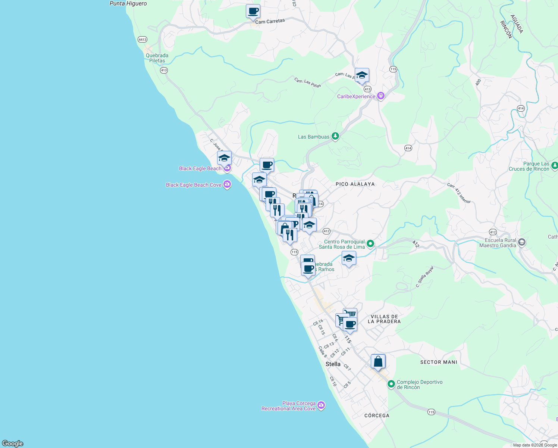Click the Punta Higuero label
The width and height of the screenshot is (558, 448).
(x=128, y=4)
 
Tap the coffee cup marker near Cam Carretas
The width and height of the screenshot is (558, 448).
(x=253, y=11)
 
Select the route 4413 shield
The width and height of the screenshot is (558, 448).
(x=142, y=39)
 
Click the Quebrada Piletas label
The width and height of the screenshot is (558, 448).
(x=157, y=58)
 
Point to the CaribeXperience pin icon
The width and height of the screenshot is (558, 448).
(x=381, y=96)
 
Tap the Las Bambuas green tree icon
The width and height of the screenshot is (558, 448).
(x=335, y=136)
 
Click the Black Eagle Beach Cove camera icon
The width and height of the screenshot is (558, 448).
(x=227, y=184)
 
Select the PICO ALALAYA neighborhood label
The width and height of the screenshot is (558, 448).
(x=355, y=184)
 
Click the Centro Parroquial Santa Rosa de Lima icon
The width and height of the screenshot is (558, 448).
(x=370, y=244)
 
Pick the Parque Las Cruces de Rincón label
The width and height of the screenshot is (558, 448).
(x=529, y=166)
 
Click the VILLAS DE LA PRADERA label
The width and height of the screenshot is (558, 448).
(x=384, y=319)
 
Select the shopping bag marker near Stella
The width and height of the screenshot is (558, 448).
(x=378, y=361)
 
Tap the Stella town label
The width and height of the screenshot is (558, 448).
(x=333, y=364)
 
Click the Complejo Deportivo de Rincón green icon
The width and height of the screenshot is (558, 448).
(x=391, y=384)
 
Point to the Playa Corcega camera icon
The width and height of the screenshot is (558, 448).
(x=321, y=405)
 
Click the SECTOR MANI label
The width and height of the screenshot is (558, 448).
(x=439, y=362)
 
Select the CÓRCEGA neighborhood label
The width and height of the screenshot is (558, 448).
(x=377, y=416)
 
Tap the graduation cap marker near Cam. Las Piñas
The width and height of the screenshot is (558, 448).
(x=362, y=75)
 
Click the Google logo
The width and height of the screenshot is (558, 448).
(x=13, y=444)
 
